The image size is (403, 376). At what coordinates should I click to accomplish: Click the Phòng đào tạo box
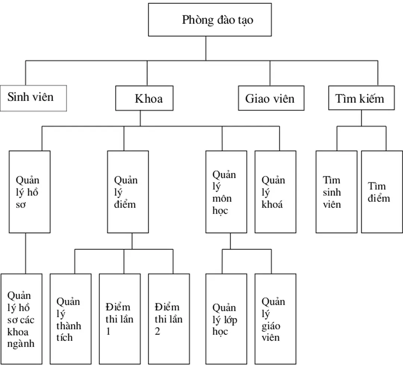(x=210, y=20)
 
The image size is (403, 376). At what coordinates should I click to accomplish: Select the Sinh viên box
(x=33, y=98)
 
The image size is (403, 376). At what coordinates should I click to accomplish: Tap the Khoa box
(x=144, y=98)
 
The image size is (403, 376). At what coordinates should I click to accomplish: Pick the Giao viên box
(x=271, y=98)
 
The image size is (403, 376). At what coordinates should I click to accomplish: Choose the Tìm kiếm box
(x=361, y=98)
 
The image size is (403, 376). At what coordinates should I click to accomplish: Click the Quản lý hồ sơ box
(x=29, y=192)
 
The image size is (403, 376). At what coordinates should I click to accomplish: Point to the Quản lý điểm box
(x=128, y=192)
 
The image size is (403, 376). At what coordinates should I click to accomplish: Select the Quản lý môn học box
(x=226, y=192)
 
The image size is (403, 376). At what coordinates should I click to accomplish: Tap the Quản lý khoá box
(x=275, y=192)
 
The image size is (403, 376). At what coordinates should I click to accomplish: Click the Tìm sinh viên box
(x=336, y=192)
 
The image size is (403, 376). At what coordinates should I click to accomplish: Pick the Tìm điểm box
(x=382, y=192)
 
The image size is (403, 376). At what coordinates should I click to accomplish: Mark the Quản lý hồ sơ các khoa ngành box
(x=21, y=319)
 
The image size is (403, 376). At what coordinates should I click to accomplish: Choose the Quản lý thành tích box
(x=71, y=319)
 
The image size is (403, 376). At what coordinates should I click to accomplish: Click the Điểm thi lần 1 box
(x=120, y=319)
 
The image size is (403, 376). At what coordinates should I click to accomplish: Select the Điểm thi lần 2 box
(x=169, y=319)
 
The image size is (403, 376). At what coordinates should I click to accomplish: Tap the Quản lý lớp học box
(x=226, y=319)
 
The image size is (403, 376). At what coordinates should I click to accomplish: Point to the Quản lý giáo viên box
(x=275, y=319)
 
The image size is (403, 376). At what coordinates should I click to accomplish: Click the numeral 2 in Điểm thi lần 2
(x=157, y=332)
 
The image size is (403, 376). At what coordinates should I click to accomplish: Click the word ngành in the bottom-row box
(x=21, y=343)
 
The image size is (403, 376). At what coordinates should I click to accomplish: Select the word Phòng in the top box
(x=197, y=20)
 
